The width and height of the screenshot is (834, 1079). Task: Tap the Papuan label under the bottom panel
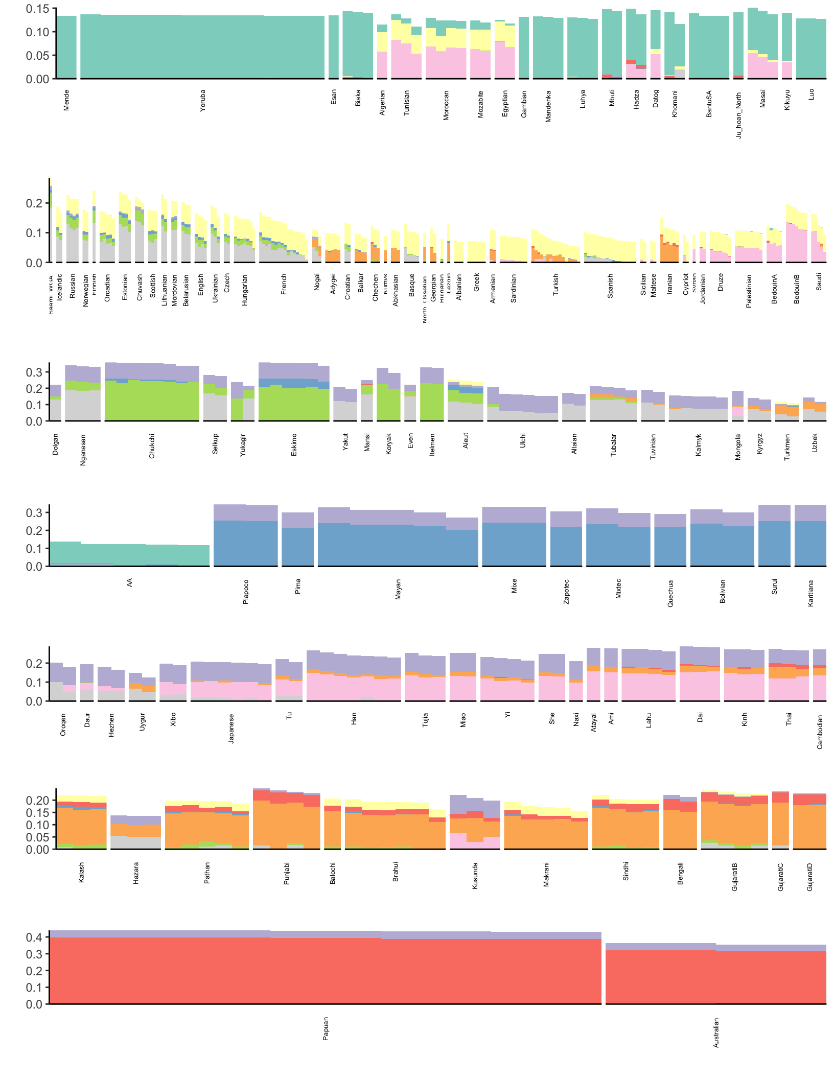pos(326,1028)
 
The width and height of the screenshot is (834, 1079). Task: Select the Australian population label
pos(716,1033)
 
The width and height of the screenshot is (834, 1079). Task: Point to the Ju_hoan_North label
pos(738,115)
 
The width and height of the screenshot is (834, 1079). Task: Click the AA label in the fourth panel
pos(130,582)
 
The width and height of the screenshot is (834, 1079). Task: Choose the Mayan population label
pos(398,589)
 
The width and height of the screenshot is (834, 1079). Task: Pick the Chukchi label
pos(152,445)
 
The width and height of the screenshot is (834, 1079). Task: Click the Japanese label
pos(231,728)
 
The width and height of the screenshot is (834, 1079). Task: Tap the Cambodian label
pos(820,732)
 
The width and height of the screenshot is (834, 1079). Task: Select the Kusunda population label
pos(475,876)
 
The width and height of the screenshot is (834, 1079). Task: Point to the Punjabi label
pos(287,873)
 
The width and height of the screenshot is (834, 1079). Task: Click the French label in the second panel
pos(284,284)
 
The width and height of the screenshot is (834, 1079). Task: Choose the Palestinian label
pos(749,291)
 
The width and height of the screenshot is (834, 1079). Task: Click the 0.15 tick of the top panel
pos(38,9)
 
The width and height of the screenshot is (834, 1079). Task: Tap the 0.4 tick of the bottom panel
pos(34,937)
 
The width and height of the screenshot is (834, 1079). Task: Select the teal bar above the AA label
pos(130,555)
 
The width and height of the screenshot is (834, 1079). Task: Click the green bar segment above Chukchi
pos(152,401)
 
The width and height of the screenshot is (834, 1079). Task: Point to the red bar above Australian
pos(715,976)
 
